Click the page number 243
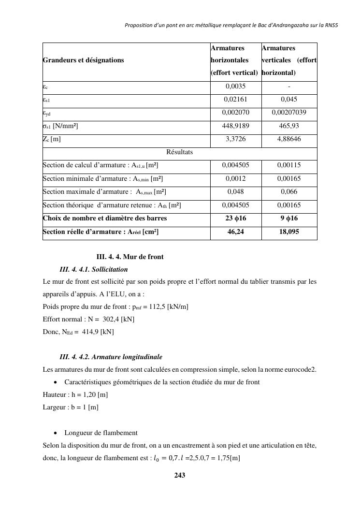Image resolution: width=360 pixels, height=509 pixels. tap(180, 476)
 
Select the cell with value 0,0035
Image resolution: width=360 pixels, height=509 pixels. tap(236, 87)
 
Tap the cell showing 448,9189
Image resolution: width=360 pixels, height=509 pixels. tap(236, 126)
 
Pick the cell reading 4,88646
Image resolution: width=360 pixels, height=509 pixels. tap(289, 139)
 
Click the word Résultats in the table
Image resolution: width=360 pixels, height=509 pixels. tap(179, 152)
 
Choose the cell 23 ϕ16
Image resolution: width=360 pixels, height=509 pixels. tap(236, 218)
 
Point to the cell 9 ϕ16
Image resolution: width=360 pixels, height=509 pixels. tap(289, 218)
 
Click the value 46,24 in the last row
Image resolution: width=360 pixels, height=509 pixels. tap(236, 232)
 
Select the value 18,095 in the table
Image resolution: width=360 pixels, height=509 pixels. tap(289, 232)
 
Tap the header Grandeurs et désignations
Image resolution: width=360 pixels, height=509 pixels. tap(83, 60)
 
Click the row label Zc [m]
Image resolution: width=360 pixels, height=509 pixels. tap(52, 139)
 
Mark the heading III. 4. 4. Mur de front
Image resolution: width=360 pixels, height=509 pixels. tap(130, 257)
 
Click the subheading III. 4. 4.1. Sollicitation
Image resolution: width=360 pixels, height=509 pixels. tap(93, 269)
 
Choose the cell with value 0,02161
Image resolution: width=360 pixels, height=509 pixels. tap(236, 100)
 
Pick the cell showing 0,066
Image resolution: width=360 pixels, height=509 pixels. tap(289, 192)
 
